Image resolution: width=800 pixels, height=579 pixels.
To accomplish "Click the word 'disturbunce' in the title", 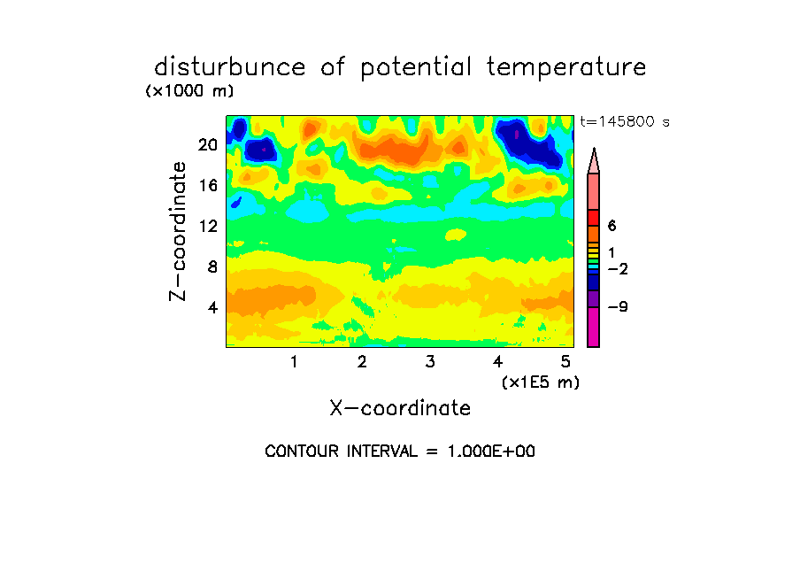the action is [x=230, y=67].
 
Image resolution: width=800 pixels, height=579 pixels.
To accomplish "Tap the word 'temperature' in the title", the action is [x=566, y=68].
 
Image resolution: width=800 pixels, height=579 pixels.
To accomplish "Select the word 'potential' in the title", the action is [x=416, y=68].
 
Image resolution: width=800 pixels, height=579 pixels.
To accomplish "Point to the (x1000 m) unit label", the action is [x=189, y=91].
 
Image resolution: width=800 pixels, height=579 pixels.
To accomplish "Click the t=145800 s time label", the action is [x=625, y=121].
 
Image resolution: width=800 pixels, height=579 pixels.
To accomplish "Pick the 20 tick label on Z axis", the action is [x=208, y=145].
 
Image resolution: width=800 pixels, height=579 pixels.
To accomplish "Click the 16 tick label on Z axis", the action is [x=208, y=185].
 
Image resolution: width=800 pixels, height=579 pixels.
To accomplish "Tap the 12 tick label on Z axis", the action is [x=208, y=226].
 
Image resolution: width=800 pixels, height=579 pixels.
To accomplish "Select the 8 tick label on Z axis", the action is [x=212, y=266].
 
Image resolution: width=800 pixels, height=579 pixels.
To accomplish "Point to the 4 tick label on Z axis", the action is [x=212, y=307].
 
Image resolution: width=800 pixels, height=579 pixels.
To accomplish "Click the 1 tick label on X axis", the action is [x=295, y=362].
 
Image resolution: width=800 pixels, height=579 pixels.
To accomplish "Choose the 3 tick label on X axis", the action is [x=430, y=362].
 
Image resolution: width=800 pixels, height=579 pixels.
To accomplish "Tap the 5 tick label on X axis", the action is [x=565, y=362].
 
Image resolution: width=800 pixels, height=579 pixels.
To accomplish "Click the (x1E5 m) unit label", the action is [x=541, y=382].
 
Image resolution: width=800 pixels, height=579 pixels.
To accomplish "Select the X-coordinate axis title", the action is [x=400, y=408].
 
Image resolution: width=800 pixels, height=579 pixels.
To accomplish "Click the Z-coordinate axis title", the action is [x=178, y=231].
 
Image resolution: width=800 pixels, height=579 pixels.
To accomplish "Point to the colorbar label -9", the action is [x=618, y=307].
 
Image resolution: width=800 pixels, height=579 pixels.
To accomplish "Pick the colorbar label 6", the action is [x=612, y=226].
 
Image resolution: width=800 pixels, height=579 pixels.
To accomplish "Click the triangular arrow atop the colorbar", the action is [x=594, y=161].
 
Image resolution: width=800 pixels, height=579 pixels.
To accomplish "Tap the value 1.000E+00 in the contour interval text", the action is [x=491, y=452].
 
